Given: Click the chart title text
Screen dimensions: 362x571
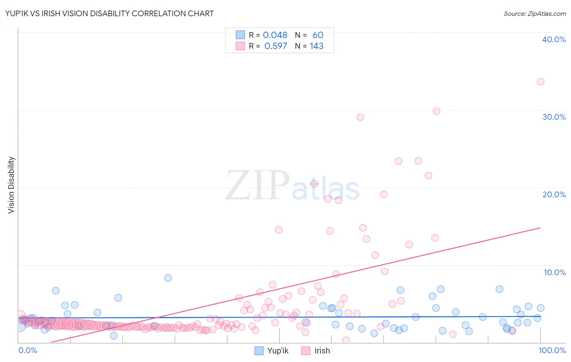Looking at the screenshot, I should tap(109, 13).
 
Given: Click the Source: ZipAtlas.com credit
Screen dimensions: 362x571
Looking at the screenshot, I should tap(534, 13).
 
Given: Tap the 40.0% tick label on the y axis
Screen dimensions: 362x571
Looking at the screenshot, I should tap(554, 39).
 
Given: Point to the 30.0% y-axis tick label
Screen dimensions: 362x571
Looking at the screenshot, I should tap(554, 117).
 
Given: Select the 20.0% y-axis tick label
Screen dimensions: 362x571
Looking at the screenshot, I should tap(554, 194).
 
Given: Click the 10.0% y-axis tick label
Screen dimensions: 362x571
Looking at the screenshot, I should tap(554, 272).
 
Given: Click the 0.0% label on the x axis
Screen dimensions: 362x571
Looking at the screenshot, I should tap(28, 350).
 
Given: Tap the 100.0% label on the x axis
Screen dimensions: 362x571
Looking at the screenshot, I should tap(552, 350).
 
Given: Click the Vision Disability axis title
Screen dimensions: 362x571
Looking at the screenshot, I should tap(11, 185).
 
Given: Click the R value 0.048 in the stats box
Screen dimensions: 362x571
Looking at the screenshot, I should tap(275, 35).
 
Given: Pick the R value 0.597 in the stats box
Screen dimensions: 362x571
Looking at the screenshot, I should tap(275, 46).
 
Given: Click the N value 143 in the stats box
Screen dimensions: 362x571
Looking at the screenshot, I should tap(316, 46).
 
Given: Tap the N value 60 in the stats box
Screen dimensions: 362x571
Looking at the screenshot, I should tap(318, 35).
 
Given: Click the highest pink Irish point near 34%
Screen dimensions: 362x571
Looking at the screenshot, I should tap(540, 82).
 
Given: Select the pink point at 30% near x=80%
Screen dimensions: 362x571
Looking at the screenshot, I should tap(436, 111).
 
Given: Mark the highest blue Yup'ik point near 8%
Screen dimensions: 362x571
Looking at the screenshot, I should tap(168, 278).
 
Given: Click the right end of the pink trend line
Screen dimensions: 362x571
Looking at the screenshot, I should tap(540, 228).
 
